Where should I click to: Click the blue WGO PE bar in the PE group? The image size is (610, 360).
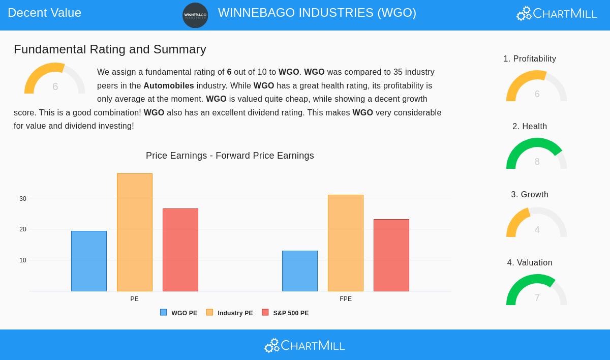[x=89, y=261]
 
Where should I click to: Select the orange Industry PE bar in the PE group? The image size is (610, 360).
[x=135, y=232]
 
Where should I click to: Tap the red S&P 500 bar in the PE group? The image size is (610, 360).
[x=180, y=250]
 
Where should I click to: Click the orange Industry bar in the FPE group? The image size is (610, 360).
[x=346, y=243]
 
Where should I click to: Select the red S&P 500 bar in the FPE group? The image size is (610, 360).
[x=391, y=255]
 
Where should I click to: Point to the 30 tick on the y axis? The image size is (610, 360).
[x=23, y=199]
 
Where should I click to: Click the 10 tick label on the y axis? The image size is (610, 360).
[x=23, y=260]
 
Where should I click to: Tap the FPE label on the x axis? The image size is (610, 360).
[x=346, y=299]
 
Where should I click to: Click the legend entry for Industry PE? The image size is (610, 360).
[x=230, y=313]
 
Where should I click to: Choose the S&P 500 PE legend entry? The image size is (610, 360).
[x=285, y=313]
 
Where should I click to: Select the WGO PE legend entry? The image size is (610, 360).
[x=179, y=313]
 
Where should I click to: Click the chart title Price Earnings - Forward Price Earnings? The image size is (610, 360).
[x=230, y=156]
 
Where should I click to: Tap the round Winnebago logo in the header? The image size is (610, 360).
[x=195, y=15]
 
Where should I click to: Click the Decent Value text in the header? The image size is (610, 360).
[x=44, y=13]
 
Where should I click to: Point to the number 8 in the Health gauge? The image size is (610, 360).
[x=537, y=162]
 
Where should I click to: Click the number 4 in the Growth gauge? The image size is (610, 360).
[x=537, y=230]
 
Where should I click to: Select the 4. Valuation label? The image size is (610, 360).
[x=530, y=263]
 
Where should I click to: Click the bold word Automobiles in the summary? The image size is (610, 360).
[x=169, y=86]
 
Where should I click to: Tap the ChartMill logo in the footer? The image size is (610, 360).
[x=305, y=346]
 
